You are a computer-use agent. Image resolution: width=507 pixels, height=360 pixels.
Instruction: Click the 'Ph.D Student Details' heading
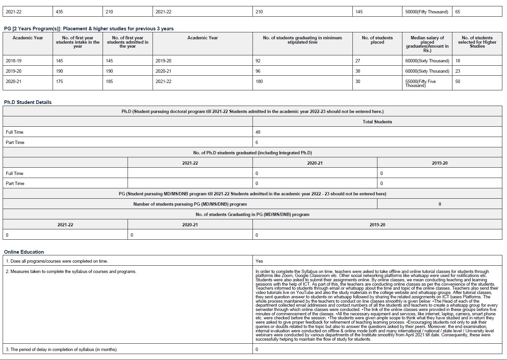coord(28,102)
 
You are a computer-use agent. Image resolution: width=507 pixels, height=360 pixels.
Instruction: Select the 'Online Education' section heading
coord(24,252)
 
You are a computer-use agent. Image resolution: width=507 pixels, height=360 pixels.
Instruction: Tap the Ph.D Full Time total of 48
coord(258,132)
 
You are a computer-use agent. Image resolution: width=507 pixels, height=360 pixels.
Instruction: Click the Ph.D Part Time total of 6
coord(257,142)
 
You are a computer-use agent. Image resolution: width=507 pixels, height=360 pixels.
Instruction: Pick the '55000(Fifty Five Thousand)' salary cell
coord(420,83)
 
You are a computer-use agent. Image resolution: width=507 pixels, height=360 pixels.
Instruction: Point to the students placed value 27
coord(358,61)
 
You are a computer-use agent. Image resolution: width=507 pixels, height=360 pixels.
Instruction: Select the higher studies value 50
coord(458,81)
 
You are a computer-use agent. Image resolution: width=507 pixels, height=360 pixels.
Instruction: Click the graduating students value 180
coord(259,81)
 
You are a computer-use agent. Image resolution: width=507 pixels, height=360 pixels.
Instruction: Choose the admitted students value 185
coord(109,81)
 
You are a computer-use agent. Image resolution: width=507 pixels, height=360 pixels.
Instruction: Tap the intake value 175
coord(60,81)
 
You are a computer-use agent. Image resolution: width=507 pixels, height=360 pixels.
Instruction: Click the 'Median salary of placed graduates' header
coord(427,44)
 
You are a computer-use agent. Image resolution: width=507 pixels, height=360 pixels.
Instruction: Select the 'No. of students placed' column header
coord(377,40)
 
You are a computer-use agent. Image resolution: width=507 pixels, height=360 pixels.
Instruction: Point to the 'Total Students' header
coord(377,122)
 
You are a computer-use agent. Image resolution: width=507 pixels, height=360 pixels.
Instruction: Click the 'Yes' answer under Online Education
coord(259,261)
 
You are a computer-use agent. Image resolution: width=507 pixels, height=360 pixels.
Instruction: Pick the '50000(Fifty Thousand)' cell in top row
coord(426,12)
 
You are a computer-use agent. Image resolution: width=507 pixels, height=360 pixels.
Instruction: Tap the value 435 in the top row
coord(59,12)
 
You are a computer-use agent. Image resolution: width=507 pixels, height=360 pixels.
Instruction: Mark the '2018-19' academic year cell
coord(14,61)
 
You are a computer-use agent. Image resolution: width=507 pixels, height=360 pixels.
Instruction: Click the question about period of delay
coord(62,349)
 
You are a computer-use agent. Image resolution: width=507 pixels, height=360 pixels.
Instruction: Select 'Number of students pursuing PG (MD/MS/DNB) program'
coord(190,204)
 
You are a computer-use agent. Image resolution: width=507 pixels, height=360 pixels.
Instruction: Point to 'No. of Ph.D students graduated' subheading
coord(252,153)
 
